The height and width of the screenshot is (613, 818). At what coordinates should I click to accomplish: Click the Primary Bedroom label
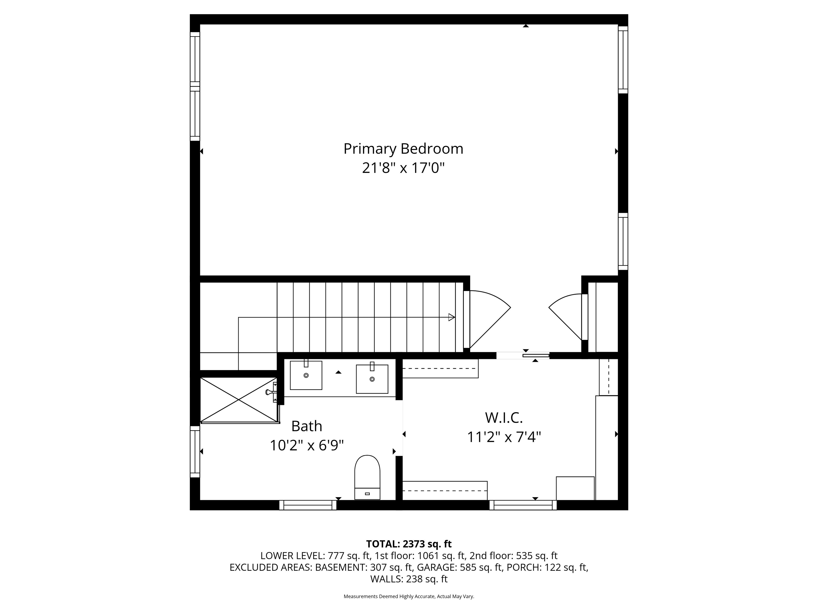coord(403,149)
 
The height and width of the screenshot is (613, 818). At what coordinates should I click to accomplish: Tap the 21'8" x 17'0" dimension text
coord(403,168)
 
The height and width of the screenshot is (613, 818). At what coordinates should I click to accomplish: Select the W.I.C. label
coord(504,418)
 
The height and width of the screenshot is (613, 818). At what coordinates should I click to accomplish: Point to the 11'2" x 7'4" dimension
coord(504,437)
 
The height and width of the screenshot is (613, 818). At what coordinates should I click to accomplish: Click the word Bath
coord(306,426)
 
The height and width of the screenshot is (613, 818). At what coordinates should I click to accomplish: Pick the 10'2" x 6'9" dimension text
coord(306,445)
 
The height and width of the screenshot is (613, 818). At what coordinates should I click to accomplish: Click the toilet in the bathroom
coord(367,477)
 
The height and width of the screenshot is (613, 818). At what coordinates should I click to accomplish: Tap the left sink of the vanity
coord(306,375)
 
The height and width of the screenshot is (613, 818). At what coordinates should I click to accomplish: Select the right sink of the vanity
coord(372,379)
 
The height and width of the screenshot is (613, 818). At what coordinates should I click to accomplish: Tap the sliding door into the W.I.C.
coord(535,355)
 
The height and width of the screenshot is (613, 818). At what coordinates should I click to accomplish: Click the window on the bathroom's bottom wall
coord(308,505)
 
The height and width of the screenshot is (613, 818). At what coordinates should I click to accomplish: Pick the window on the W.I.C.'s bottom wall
coord(523,505)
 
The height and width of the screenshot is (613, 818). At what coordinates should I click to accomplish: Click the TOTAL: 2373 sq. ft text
coord(409,544)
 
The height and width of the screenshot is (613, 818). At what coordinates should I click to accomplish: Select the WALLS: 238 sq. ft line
coord(409,579)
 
